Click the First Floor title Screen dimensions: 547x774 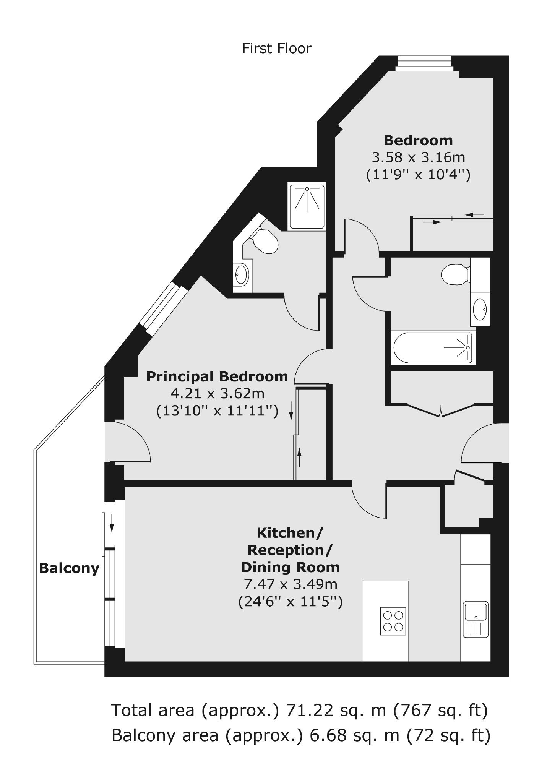click(x=277, y=49)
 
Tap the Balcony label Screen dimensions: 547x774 click(x=69, y=569)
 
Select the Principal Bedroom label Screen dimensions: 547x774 click(x=217, y=377)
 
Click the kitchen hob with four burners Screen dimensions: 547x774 click(x=393, y=621)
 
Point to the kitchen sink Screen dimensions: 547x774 click(x=475, y=620)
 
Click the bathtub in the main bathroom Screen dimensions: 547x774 click(x=432, y=348)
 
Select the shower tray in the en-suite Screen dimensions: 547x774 click(x=307, y=206)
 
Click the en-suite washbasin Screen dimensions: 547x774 click(x=241, y=273)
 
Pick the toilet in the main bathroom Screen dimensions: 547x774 click(x=455, y=274)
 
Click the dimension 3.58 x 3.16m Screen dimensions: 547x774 click(x=418, y=157)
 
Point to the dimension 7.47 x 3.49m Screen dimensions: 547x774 click(x=291, y=584)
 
